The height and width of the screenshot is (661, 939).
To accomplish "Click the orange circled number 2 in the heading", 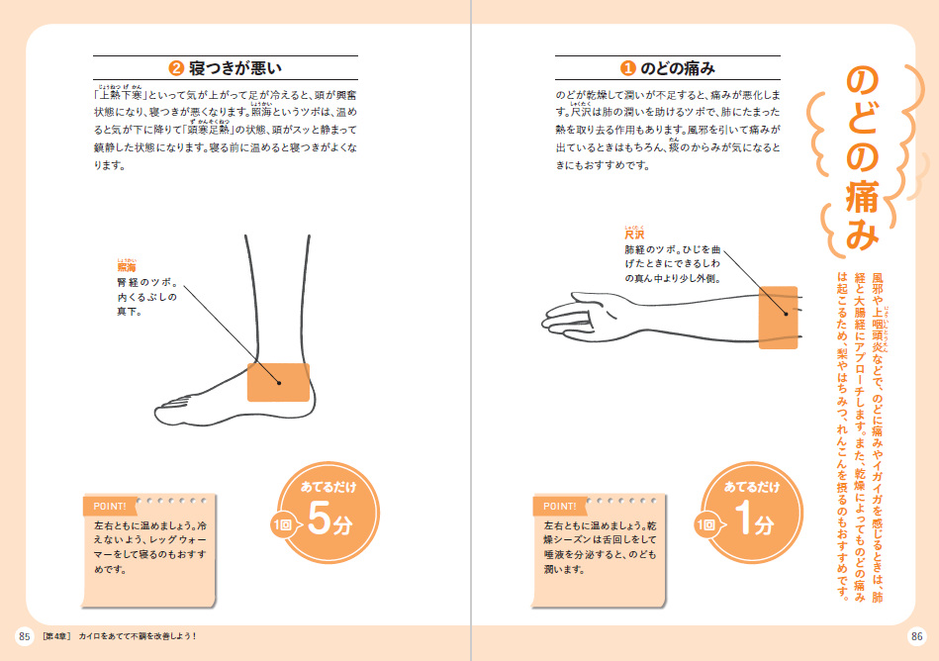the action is (176, 68).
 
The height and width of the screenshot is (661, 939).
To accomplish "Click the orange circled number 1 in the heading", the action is (627, 68).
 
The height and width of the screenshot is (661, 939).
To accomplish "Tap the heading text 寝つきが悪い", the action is (235, 68).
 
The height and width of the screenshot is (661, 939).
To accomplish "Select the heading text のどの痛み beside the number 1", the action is (678, 68).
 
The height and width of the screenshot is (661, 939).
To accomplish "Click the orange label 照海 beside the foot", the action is (127, 267).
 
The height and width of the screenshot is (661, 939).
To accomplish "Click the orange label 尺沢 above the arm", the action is (634, 235).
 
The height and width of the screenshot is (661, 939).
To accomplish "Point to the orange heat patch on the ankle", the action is (278, 382).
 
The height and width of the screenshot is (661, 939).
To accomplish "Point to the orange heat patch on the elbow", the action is (778, 318).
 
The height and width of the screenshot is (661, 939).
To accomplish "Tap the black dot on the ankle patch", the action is (279, 383).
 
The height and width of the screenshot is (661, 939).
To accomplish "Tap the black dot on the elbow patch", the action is (786, 314).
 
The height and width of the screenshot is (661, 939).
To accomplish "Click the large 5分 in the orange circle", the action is (329, 519).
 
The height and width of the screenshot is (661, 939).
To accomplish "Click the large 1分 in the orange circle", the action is (754, 519).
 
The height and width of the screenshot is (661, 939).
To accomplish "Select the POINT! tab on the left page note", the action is (110, 507).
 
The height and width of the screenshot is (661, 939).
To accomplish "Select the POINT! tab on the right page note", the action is (559, 507).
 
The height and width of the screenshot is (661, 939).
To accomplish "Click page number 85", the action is (25, 636).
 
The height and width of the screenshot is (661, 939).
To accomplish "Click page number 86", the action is (916, 636).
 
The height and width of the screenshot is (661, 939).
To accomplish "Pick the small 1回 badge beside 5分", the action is (282, 525).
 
